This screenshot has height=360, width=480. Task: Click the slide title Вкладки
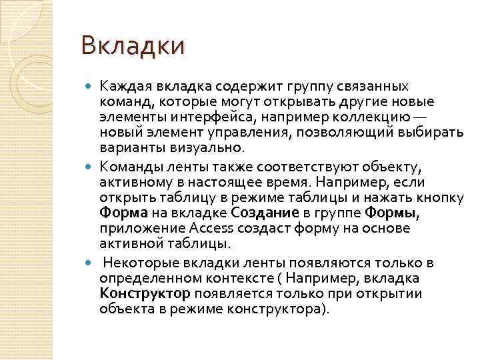pos(131,47)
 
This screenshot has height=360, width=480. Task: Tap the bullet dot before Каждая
pos(91,87)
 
